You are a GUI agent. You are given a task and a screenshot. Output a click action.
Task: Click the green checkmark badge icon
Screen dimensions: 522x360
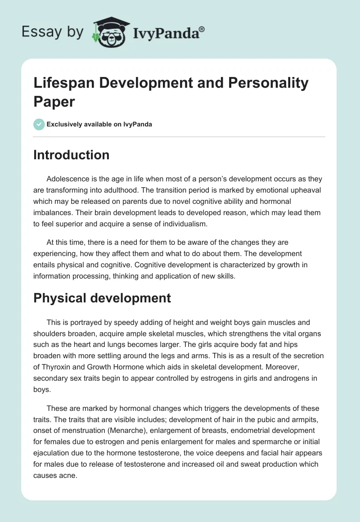[x=39, y=124]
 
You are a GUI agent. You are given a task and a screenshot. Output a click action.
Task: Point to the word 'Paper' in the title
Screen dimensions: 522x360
[x=54, y=101]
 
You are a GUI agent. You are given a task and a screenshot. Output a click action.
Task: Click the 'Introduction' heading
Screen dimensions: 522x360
[x=71, y=155]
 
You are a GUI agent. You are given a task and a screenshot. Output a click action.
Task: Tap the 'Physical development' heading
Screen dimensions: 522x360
[x=102, y=298]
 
